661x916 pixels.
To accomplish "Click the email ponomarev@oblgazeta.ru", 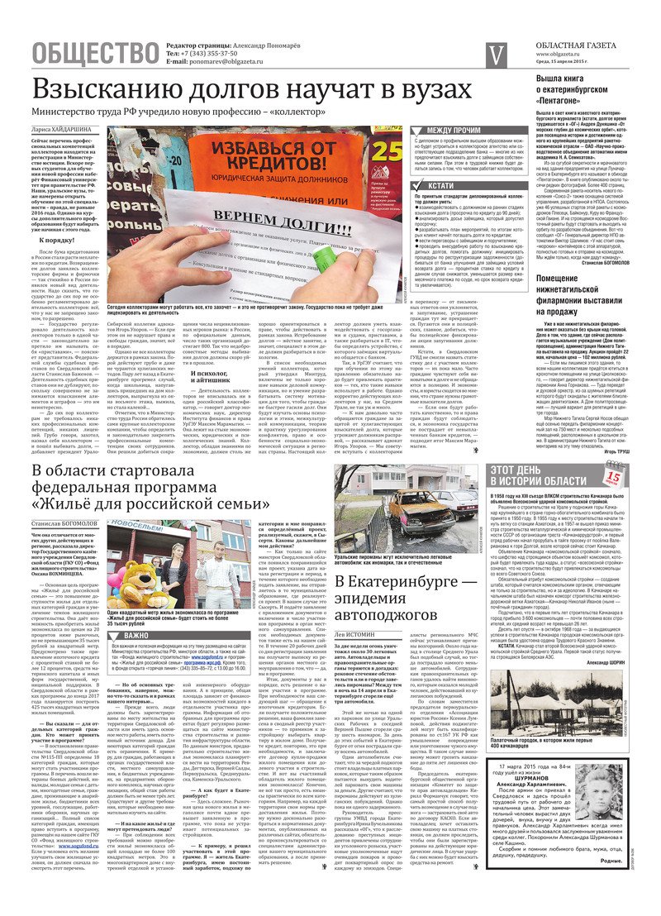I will coord(217,62).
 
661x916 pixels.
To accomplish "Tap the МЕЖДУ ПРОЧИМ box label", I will coord(454,130).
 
